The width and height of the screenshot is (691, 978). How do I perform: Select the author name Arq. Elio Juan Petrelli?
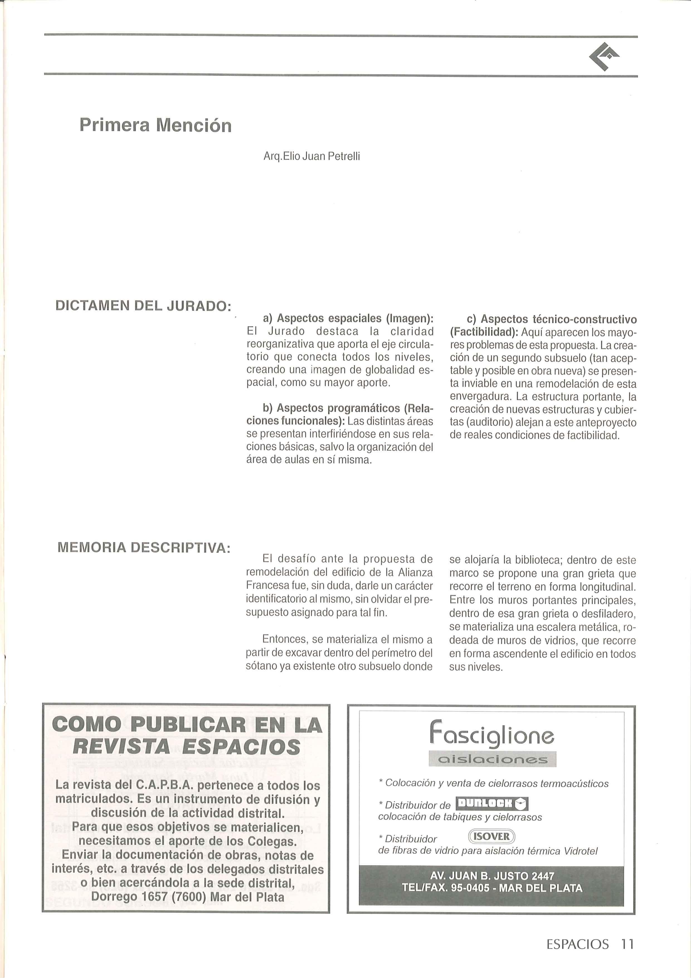tap(312, 157)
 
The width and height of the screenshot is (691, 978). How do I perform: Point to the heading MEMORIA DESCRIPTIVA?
tap(144, 547)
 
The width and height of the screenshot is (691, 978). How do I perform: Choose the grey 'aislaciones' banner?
tap(492, 759)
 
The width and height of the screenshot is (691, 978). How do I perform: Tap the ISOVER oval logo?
tap(491, 836)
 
